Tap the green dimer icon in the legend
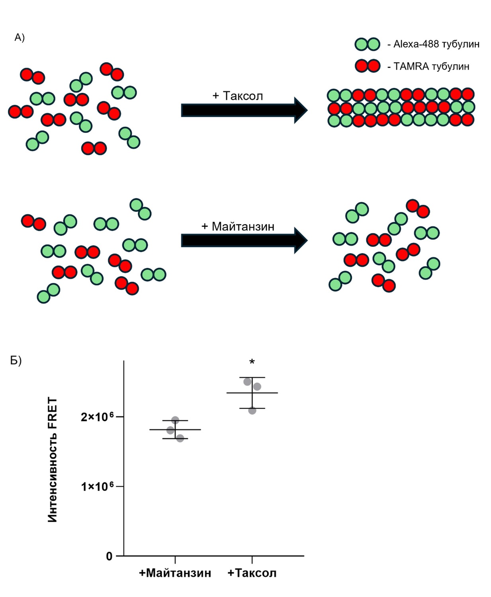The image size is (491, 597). tap(367, 44)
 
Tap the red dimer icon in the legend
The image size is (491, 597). tap(367, 66)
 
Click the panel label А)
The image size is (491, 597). tap(20, 37)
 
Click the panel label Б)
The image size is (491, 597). tap(16, 361)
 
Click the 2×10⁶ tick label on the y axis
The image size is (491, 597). tap(97, 417)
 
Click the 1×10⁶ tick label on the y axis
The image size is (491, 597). tap(97, 486)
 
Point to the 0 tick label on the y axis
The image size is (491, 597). tap(109, 556)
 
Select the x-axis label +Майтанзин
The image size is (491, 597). tap(175, 573)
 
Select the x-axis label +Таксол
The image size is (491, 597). tap(252, 573)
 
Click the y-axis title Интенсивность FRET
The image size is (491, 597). tap(53, 460)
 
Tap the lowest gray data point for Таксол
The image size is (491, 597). tap(252, 410)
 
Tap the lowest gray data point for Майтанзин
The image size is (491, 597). tap(180, 438)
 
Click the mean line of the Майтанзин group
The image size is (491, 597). tap(191, 429)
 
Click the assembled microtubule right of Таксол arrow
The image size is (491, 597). tap(401, 107)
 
